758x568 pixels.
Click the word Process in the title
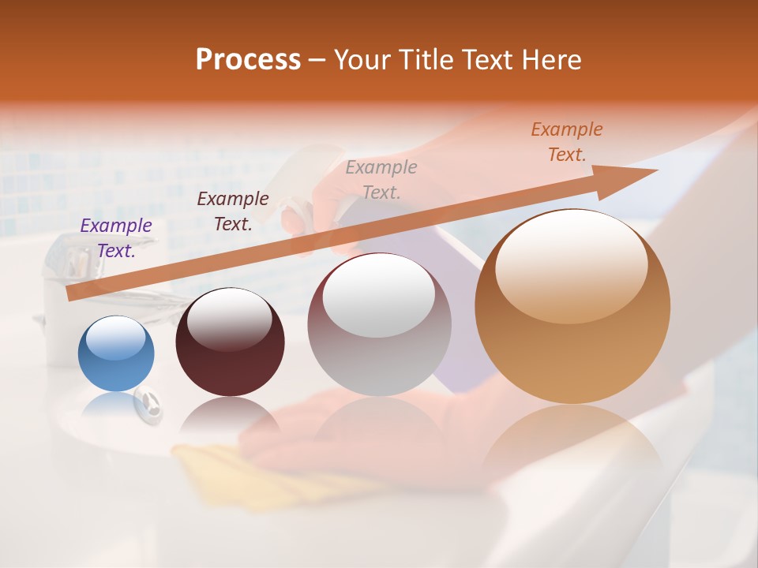coord(248,59)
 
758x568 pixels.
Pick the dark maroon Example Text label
coord(232,211)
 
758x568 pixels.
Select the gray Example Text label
coord(381,179)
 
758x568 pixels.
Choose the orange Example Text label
coord(566,142)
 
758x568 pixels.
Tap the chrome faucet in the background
coord(75,260)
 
